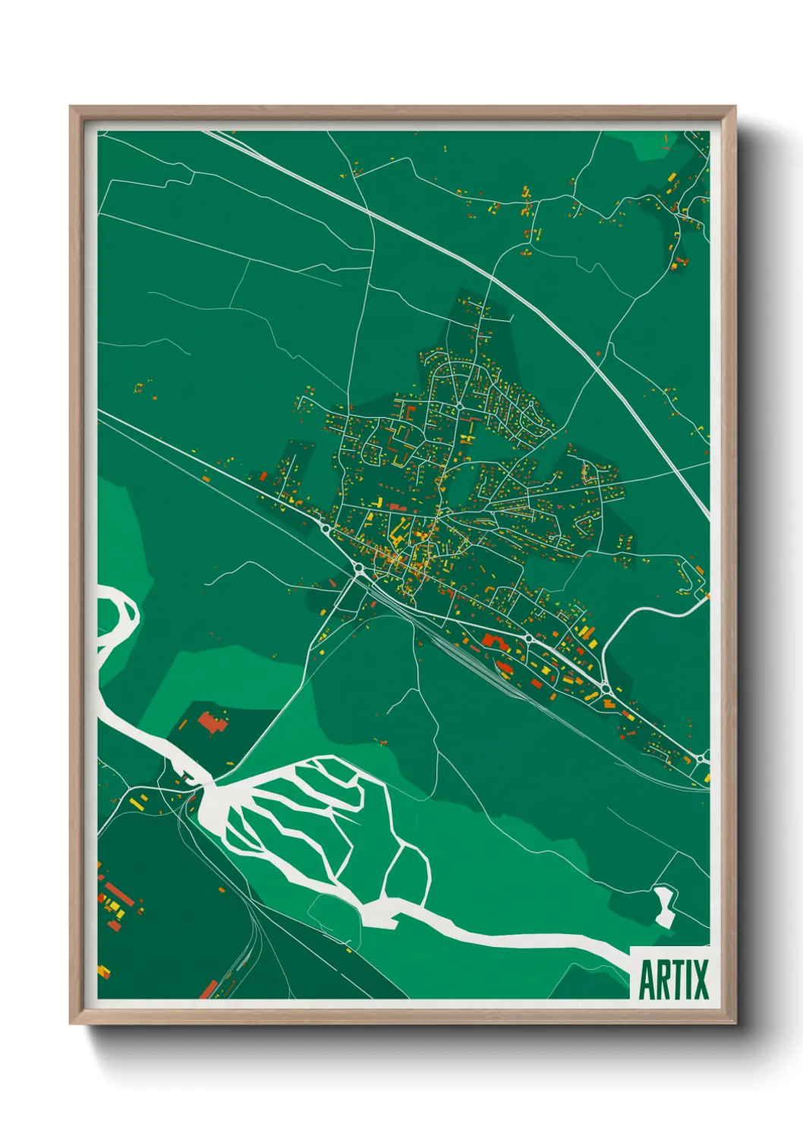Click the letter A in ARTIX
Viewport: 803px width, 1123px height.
point(647,980)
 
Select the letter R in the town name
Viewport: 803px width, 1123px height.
point(663,980)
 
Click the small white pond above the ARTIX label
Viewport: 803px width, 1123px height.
point(665,905)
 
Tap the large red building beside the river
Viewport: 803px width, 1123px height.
point(212,722)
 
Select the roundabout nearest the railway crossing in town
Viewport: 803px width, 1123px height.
point(358,568)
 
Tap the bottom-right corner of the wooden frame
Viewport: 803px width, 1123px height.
point(735,1023)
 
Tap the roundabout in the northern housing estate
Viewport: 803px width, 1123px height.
point(460,407)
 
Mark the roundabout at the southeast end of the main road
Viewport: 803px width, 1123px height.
point(700,758)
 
